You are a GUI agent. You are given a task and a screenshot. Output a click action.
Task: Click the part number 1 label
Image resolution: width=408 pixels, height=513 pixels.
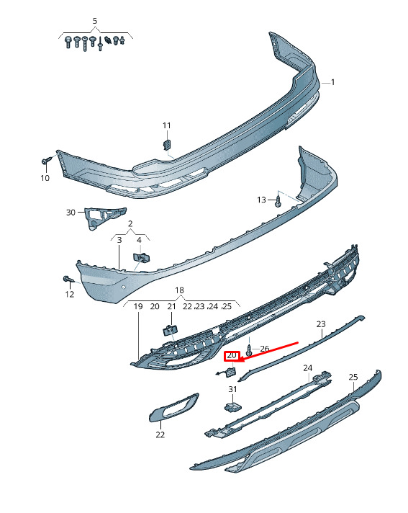[x=332, y=82]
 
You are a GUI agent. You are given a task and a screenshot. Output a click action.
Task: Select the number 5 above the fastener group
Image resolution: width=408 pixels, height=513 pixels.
[x=95, y=22]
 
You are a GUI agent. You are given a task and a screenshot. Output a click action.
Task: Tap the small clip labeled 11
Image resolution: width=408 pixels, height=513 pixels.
[x=167, y=144]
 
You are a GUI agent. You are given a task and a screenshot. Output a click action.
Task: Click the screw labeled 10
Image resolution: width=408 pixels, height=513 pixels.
[x=46, y=160]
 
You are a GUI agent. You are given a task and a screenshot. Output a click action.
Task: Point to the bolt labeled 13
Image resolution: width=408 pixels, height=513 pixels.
[x=278, y=200]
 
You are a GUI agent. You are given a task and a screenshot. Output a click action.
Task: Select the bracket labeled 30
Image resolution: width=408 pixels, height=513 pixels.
[x=104, y=217]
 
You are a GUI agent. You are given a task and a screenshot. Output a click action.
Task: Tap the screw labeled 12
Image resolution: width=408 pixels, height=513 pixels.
[x=68, y=280]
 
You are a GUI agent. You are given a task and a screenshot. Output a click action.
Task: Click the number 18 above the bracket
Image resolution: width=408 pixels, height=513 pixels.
[x=179, y=290]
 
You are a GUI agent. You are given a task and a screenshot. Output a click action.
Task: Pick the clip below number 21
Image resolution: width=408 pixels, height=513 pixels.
[x=171, y=330]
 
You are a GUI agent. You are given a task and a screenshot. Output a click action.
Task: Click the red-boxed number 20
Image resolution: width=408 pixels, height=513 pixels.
[x=232, y=356]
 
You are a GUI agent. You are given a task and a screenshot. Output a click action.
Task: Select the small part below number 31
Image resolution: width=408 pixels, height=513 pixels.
[x=232, y=407]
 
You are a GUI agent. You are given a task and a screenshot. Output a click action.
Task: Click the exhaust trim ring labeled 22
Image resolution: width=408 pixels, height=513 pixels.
[x=173, y=407]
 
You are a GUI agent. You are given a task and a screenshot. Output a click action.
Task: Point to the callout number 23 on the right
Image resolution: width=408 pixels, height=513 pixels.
[x=321, y=324]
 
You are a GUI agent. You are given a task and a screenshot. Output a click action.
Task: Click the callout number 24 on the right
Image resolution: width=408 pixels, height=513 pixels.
[x=308, y=368]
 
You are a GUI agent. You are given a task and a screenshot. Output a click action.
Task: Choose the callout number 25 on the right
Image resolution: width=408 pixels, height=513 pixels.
[x=353, y=377]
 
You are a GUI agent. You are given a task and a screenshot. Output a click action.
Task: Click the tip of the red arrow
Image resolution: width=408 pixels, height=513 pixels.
[x=240, y=361]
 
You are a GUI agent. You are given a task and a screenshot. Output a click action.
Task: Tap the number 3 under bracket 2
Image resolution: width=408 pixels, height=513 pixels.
[x=119, y=240]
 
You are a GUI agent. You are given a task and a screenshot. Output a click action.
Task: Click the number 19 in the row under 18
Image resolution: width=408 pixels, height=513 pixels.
[x=138, y=306]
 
